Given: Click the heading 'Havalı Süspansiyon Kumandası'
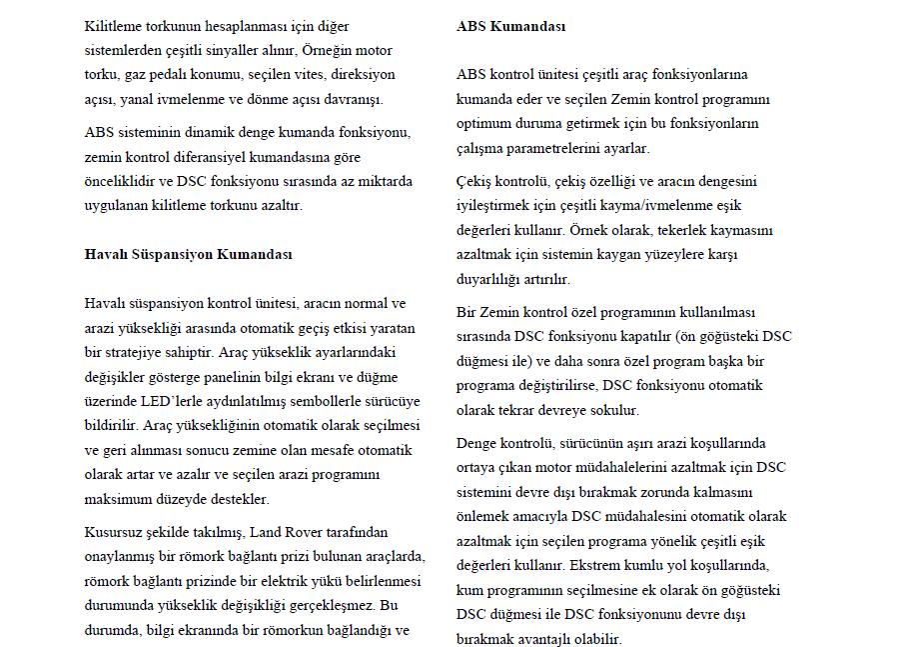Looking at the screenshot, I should pyautogui.click(x=189, y=254).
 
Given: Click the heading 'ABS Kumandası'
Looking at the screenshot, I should pyautogui.click(x=510, y=26).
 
